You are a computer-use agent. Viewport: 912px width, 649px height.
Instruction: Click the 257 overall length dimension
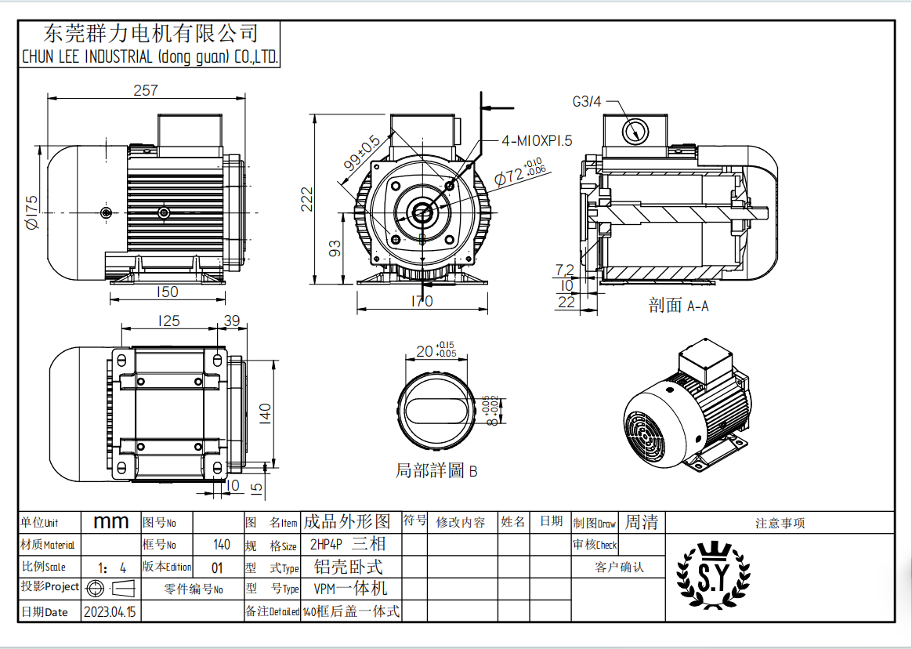(x=146, y=90)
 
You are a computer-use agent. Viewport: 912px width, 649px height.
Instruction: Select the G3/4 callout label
(x=587, y=101)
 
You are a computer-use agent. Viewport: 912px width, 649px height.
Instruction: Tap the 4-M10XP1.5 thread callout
(x=537, y=140)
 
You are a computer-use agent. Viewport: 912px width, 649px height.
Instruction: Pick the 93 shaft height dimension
(x=335, y=249)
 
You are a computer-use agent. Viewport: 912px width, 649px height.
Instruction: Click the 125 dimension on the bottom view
(x=168, y=320)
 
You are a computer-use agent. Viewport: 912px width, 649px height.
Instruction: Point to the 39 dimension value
(x=233, y=320)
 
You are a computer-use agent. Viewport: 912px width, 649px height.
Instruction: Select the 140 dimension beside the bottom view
(x=266, y=411)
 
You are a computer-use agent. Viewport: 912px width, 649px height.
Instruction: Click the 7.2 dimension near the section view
(x=564, y=270)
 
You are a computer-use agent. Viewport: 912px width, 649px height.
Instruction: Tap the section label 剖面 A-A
(x=679, y=306)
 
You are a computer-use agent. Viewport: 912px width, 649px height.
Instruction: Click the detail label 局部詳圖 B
(x=436, y=471)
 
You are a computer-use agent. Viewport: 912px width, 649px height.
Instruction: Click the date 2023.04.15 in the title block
(x=109, y=612)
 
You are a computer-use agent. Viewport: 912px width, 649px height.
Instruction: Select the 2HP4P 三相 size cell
(x=348, y=544)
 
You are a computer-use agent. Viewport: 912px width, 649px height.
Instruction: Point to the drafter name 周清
(x=641, y=522)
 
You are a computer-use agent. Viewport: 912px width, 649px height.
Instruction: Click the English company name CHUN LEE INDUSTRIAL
(x=149, y=57)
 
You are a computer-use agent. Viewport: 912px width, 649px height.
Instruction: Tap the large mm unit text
(x=111, y=522)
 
